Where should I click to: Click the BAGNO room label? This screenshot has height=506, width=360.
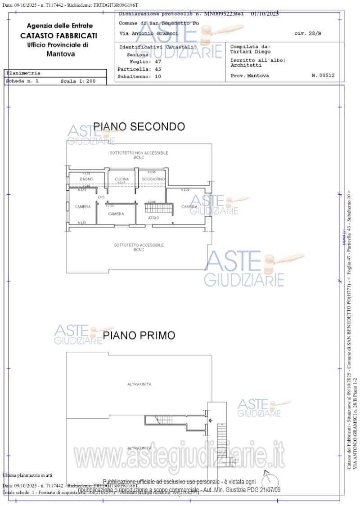[86, 179]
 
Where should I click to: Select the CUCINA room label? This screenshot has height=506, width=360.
[121, 179]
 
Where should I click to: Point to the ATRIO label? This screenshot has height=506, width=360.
[153, 218]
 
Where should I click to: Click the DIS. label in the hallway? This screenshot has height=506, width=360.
[101, 197]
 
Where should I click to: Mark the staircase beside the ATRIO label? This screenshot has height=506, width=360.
[158, 209]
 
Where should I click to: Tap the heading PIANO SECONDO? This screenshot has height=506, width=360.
[139, 127]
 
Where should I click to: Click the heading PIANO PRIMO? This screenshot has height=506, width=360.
[139, 336]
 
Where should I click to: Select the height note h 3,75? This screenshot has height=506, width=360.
[82, 223]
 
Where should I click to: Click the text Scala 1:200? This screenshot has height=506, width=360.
[78, 81]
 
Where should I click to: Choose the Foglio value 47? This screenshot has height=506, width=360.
[157, 62]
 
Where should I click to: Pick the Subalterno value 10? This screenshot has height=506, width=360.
[157, 76]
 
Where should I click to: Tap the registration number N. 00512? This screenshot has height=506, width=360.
[323, 76]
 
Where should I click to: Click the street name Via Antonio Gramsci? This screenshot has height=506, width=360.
[148, 34]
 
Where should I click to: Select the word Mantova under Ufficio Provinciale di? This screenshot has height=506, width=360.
[61, 54]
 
